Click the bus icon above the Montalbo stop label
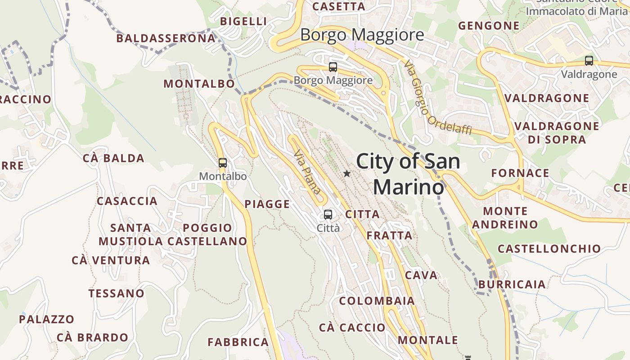pos(222,163)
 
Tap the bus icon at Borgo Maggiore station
pos(333,67)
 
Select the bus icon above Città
pos(328,214)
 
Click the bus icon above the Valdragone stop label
pos(589,61)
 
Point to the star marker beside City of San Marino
pos(346,173)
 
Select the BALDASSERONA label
pos(166,38)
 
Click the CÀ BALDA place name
pos(113,158)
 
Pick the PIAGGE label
pos(267,204)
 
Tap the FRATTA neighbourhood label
pos(389,235)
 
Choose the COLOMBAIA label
pos(377,301)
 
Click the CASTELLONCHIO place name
pos(549,248)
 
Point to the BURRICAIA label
pos(512,284)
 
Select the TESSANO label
pos(116,293)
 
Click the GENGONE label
pos(489,26)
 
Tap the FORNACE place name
pos(520,173)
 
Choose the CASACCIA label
pos(127,201)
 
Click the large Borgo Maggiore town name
pos(362,35)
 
